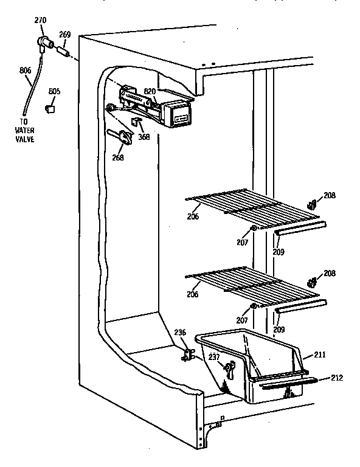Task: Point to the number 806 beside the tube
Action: pyautogui.click(x=25, y=71)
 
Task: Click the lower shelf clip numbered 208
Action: pyautogui.click(x=313, y=282)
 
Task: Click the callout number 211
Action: pyautogui.click(x=320, y=353)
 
